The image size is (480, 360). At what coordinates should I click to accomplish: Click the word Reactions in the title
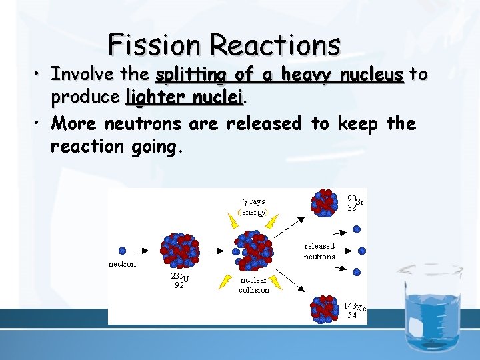[x=275, y=45]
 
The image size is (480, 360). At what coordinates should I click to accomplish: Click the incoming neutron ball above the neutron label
[x=122, y=251]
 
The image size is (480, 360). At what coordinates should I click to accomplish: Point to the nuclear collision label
[x=254, y=285]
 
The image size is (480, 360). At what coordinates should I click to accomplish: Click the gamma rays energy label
[x=253, y=207]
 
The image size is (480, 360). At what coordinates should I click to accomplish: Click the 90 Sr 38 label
[x=355, y=203]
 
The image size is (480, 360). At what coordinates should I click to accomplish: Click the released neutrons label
[x=319, y=251]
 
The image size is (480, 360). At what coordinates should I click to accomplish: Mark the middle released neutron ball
[x=361, y=251]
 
